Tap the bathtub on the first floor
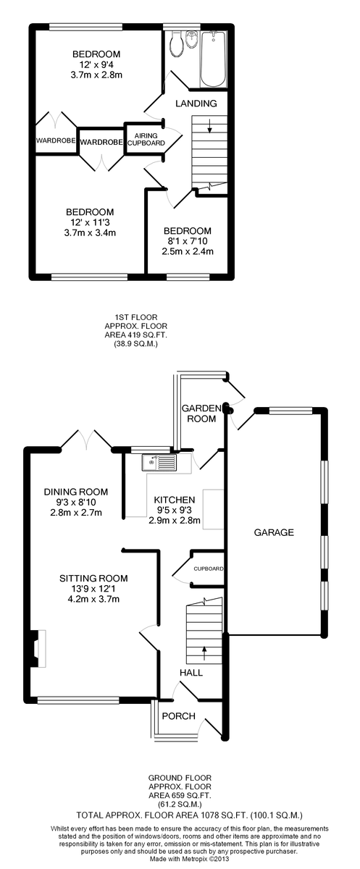coord(212,59)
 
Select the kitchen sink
coord(159,463)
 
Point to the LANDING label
coord(196,104)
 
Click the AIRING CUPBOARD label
coord(146,139)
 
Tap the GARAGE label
coord(274,533)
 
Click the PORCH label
coord(178,716)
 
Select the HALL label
coord(191,672)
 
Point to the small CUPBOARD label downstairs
coord(209,569)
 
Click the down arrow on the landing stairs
coord(209,126)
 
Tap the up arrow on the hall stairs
coord(204,653)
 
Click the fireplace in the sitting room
coord(40,649)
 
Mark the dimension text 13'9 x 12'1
coord(93,589)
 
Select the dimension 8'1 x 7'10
coord(188,241)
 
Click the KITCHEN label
coord(175,500)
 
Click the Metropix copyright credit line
coord(189,859)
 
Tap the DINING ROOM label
coord(76,492)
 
